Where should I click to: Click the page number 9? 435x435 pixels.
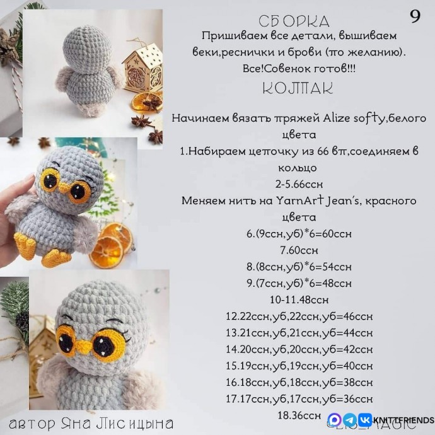[x=415, y=17]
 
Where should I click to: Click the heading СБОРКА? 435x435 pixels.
[x=294, y=21]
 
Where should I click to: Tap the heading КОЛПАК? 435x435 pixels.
[x=298, y=88]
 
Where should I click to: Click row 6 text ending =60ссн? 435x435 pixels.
[x=299, y=234]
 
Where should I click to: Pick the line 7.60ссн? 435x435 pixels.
[x=299, y=250]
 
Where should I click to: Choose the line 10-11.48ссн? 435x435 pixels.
[x=299, y=299]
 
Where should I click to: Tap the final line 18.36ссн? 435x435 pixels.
[x=299, y=415]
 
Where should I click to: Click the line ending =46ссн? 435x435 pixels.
[x=299, y=316]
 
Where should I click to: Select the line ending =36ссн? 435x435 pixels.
[x=299, y=398]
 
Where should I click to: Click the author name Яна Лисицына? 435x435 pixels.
[x=129, y=422]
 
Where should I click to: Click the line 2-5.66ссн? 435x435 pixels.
[x=299, y=185]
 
